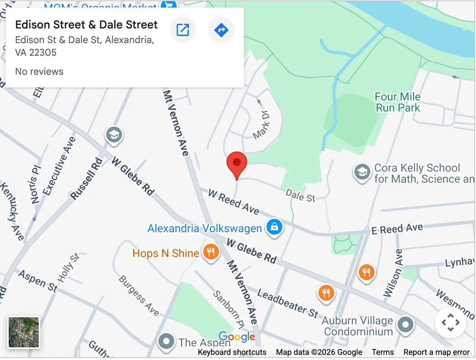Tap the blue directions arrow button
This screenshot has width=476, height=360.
pyautogui.click(x=221, y=30)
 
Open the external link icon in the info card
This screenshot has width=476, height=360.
pyautogui.click(x=183, y=30)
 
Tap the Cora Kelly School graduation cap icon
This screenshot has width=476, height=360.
pyautogui.click(x=362, y=172)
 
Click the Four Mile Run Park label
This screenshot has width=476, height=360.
pyautogui.click(x=398, y=102)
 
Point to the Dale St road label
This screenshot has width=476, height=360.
pyautogui.click(x=301, y=195)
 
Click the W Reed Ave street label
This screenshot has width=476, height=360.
pyautogui.click(x=234, y=202)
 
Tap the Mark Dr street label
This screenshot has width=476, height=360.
pyautogui.click(x=261, y=124)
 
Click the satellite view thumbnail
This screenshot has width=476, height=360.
pyautogui.click(x=24, y=332)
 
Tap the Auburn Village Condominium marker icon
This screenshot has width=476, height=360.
pyautogui.click(x=406, y=324)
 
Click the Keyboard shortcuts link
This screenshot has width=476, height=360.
pyautogui.click(x=232, y=352)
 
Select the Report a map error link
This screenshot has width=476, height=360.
pyautogui.click(x=436, y=352)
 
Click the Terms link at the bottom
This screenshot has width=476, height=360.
pyautogui.click(x=383, y=352)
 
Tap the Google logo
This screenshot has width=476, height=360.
pyautogui.click(x=237, y=337)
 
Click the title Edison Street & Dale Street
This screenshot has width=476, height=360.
pyautogui.click(x=86, y=25)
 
